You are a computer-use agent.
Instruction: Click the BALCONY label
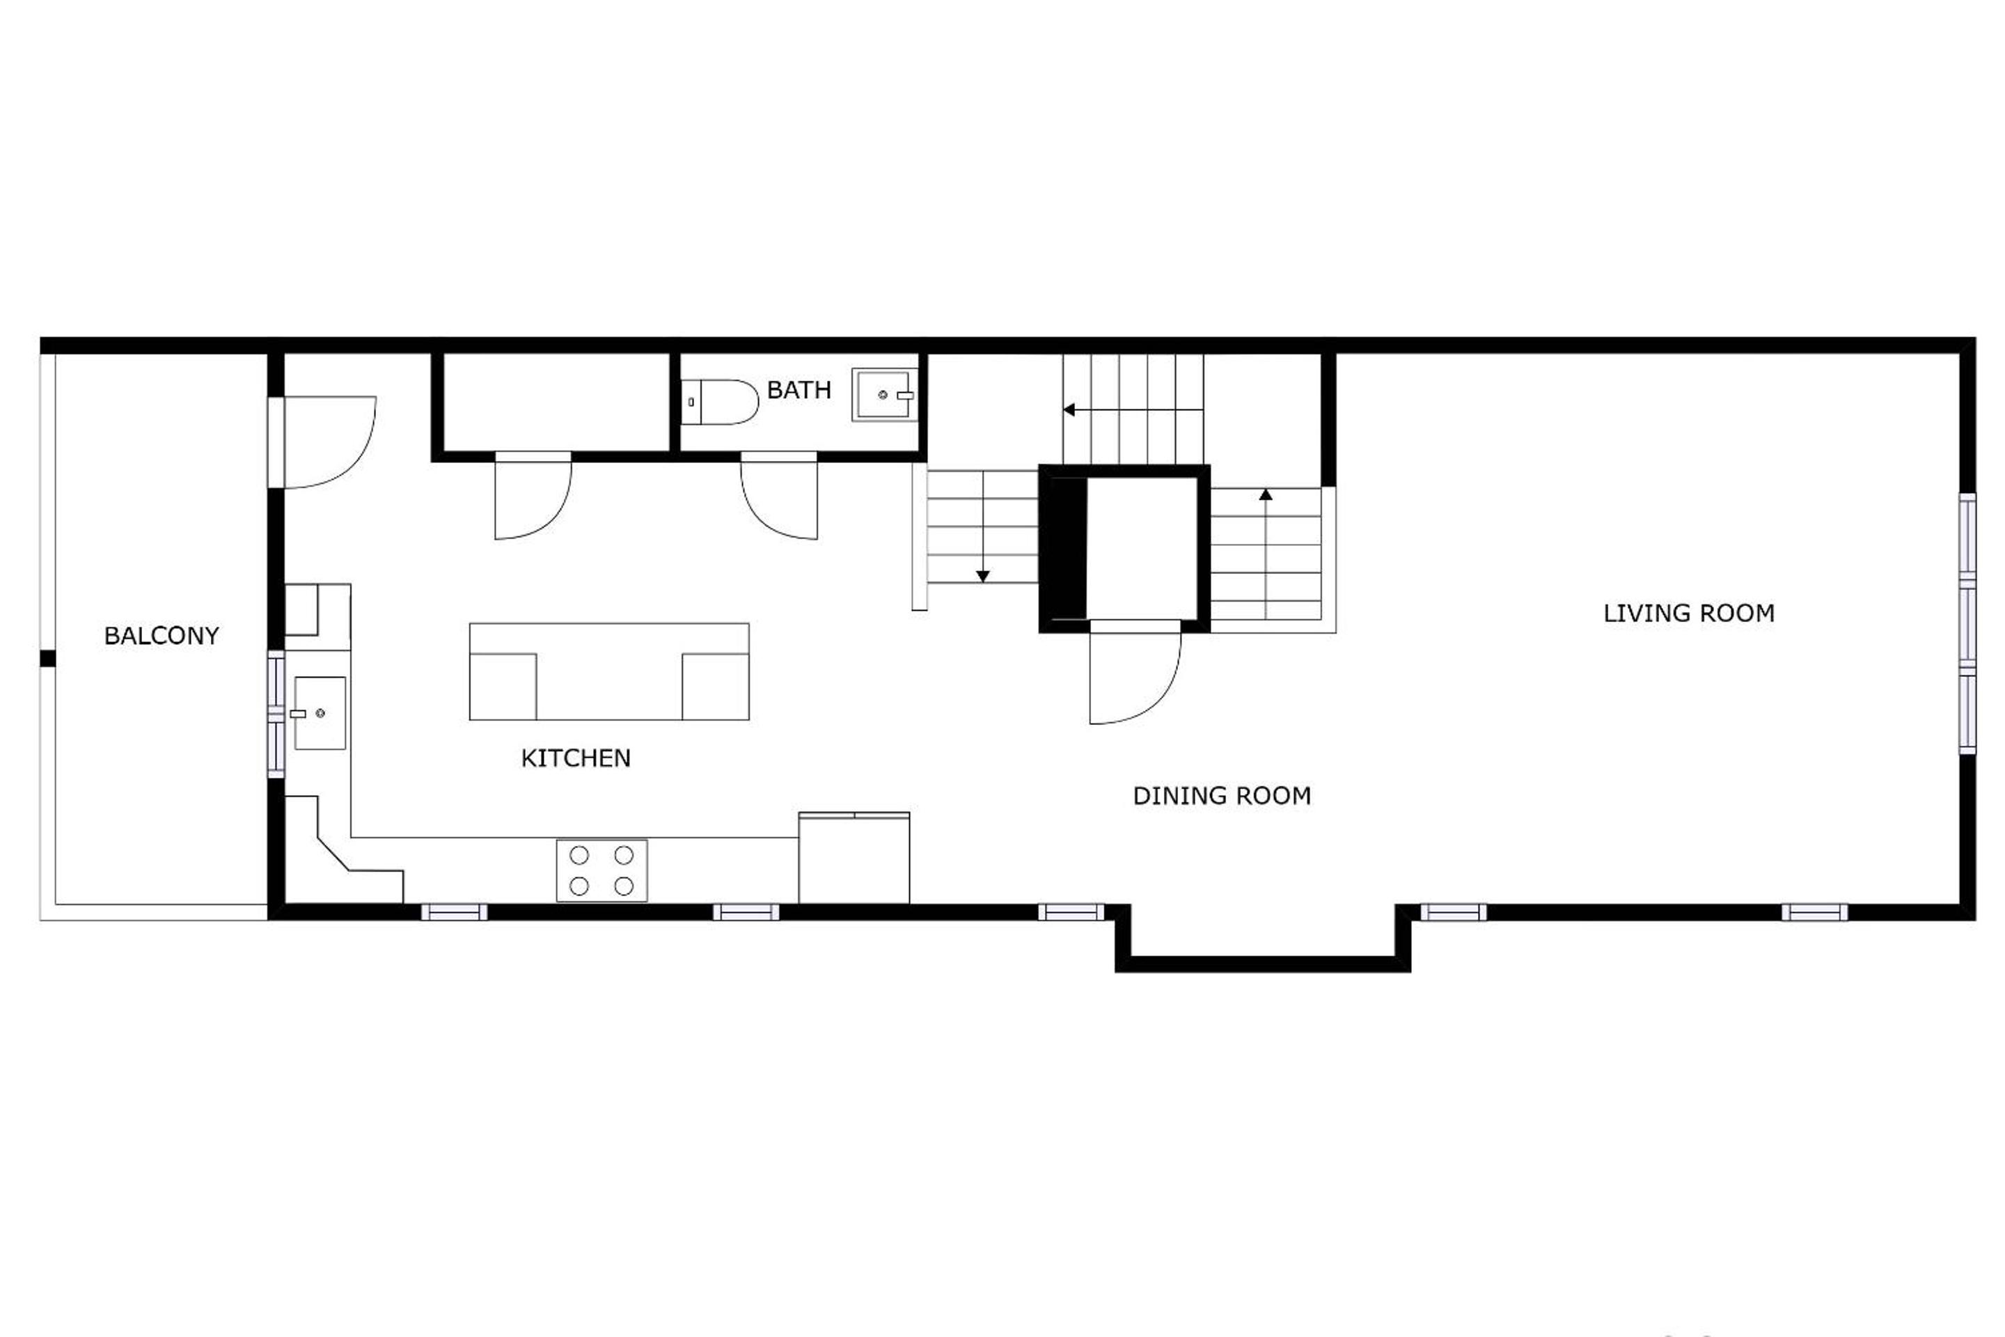[x=161, y=635]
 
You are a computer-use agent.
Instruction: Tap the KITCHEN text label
[x=576, y=758]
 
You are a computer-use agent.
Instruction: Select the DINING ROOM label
[x=1222, y=795]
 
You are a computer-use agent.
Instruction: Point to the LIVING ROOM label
[x=1689, y=613]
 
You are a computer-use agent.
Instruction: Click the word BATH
[x=799, y=390]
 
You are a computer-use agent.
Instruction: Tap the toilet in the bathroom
[x=719, y=402]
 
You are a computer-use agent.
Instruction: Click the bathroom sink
[x=884, y=395]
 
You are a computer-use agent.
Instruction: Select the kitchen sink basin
[x=320, y=713]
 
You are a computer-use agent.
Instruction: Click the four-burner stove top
[x=601, y=870]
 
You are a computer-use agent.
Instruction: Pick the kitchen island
[x=608, y=672]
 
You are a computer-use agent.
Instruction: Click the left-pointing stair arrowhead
[x=1068, y=410]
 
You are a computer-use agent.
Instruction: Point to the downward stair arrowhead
[x=983, y=577]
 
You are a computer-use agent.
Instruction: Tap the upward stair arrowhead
[x=1266, y=494]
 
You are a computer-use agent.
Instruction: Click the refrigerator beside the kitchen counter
[x=854, y=858]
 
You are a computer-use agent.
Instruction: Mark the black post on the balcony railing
[x=48, y=658]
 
